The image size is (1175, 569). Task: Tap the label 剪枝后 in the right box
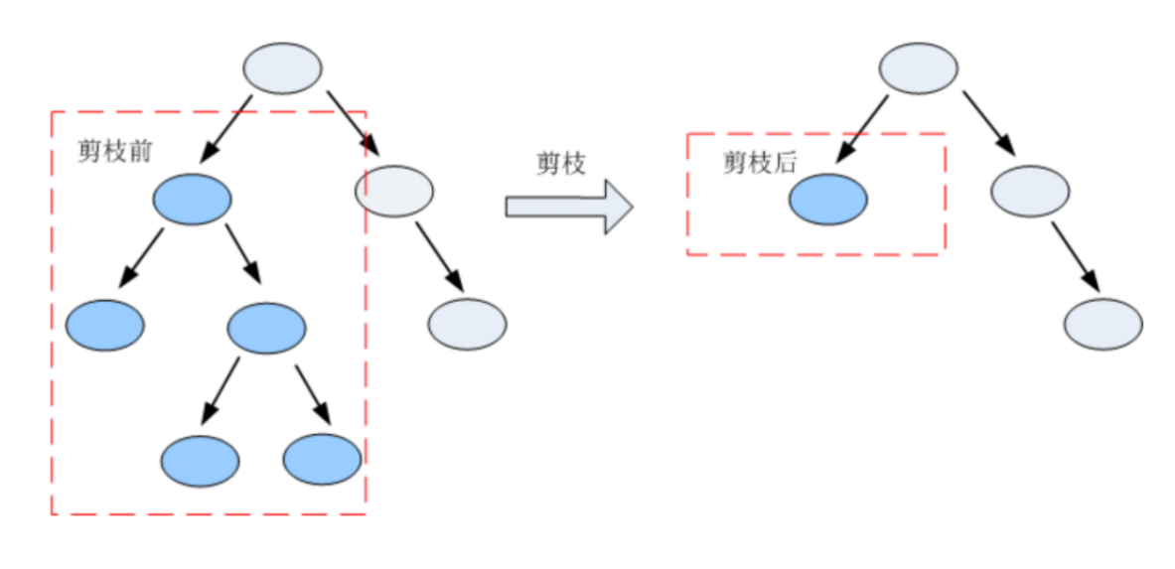(x=760, y=164)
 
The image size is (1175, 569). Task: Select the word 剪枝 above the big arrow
(x=560, y=164)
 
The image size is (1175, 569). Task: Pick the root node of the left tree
(x=283, y=69)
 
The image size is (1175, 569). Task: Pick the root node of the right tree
(x=919, y=69)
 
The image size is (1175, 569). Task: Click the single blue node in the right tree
(x=827, y=200)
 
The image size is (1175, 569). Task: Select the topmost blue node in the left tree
(x=192, y=200)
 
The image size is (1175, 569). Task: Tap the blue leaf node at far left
(x=105, y=324)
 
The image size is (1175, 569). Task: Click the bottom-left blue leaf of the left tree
(x=201, y=461)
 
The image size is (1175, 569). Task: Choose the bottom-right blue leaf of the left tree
(x=322, y=461)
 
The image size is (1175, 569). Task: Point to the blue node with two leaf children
(x=267, y=328)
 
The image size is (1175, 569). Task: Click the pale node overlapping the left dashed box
(x=394, y=190)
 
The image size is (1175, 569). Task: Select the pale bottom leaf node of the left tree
(x=468, y=323)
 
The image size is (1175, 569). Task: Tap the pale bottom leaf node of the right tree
(x=1103, y=323)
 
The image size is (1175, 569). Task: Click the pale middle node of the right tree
(x=1030, y=191)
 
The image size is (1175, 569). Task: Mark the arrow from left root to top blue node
(x=227, y=128)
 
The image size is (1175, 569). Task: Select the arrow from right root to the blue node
(x=861, y=129)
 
